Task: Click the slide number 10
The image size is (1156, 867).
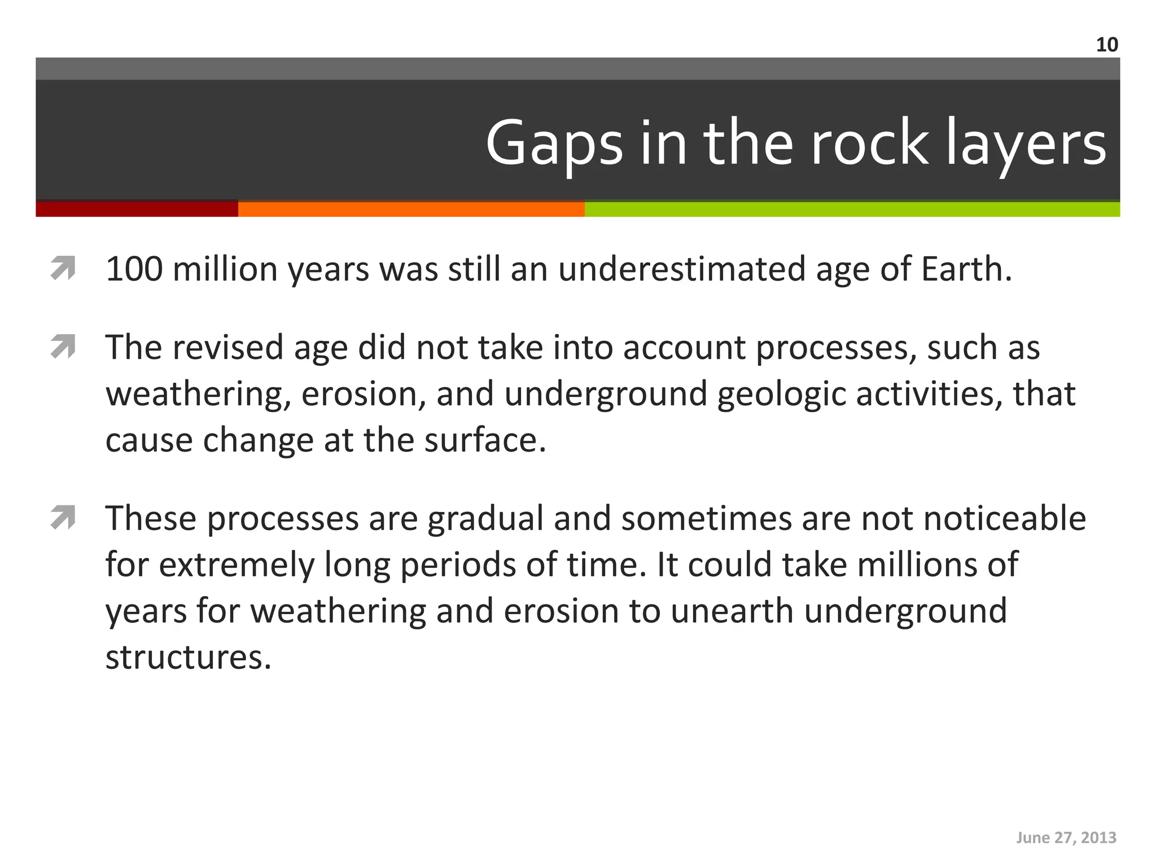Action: pos(1107,45)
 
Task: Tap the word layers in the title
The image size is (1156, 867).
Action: pos(1026,144)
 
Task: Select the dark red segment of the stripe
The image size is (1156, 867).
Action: pos(137,209)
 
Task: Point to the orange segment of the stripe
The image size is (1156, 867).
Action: pos(411,209)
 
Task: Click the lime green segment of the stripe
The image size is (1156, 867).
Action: pos(852,209)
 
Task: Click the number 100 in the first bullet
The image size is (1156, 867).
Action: pos(134,269)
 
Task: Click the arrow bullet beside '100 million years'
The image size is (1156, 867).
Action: pos(63,268)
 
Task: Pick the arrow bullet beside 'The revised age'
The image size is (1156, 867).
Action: pos(63,347)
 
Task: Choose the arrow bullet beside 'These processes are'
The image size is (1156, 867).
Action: pos(63,518)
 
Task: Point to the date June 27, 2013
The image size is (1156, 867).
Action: pos(1066,838)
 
